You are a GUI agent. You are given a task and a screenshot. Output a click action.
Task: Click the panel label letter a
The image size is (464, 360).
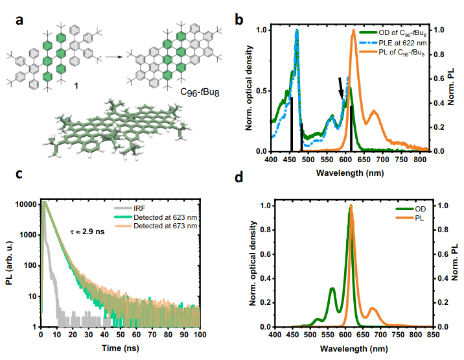point(20,20)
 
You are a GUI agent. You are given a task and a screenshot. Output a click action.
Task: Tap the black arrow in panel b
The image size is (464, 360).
point(342,88)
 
